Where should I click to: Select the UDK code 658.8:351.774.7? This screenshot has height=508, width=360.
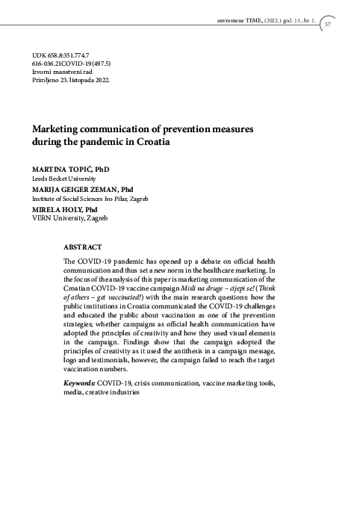(60, 56)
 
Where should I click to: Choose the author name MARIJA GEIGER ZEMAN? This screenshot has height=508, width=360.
(75, 190)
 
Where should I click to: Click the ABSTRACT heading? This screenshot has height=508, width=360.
(83, 246)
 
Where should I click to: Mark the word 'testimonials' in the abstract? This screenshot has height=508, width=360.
(119, 361)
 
